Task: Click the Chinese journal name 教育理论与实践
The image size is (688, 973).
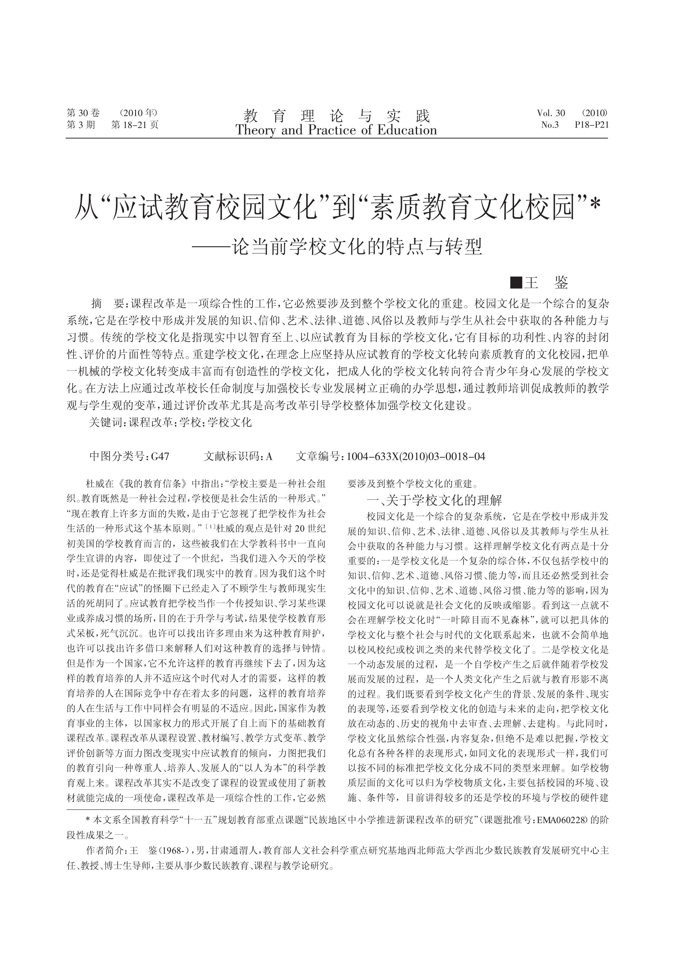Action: (x=337, y=115)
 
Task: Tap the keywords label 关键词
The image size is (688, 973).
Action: (x=106, y=422)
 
